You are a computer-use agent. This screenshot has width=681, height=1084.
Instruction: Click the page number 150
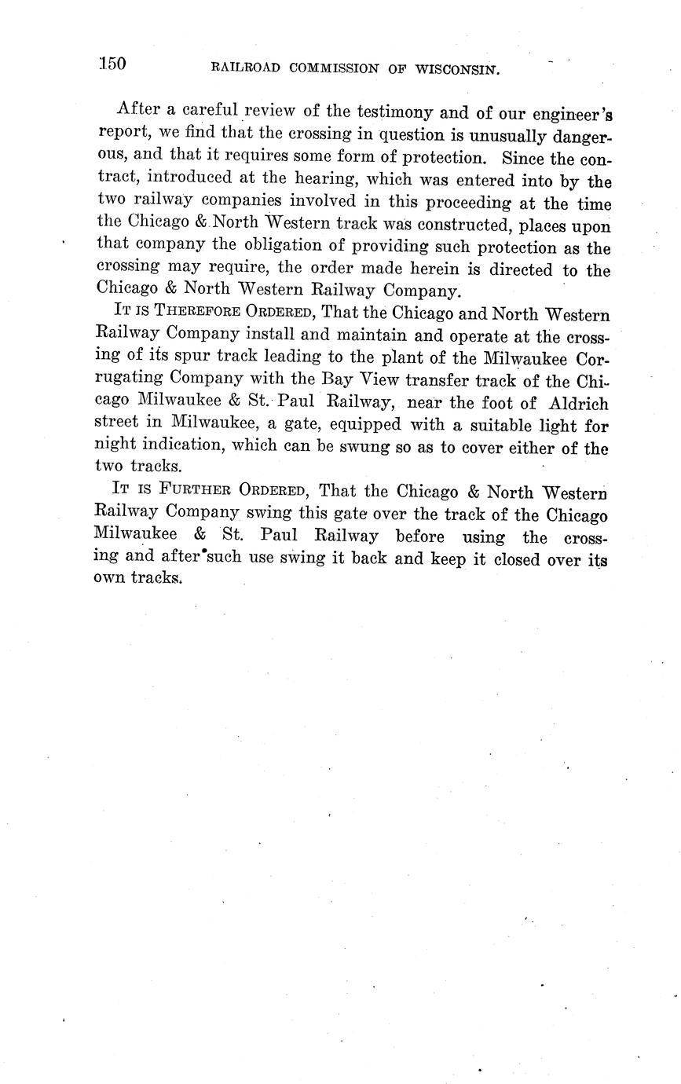coord(113,64)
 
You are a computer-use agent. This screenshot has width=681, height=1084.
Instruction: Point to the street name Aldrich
coord(577,404)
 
